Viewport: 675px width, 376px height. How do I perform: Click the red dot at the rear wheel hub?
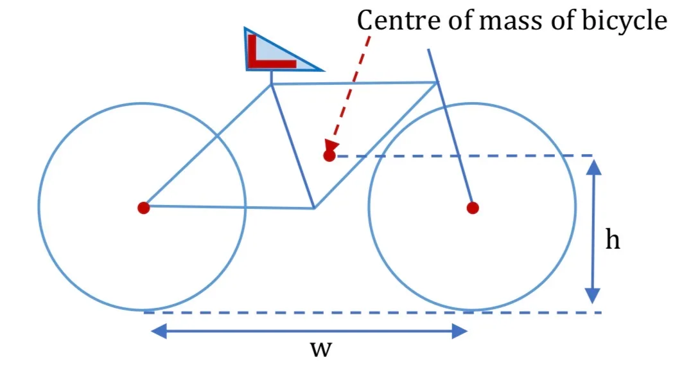(143, 208)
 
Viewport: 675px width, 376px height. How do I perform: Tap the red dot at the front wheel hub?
(473, 208)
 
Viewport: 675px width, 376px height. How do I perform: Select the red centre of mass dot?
(329, 156)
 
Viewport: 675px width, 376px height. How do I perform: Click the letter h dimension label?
(613, 239)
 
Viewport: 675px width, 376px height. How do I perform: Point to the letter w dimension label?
(321, 349)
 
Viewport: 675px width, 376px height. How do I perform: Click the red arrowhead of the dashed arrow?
(332, 145)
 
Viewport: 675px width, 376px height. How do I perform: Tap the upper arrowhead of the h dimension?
(593, 167)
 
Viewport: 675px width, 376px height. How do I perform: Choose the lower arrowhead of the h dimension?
(593, 296)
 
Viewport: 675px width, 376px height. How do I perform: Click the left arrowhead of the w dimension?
(159, 331)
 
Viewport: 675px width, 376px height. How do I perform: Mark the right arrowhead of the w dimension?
(460, 331)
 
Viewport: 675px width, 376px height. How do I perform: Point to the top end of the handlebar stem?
(428, 49)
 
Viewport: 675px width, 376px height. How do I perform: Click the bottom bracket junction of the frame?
(314, 208)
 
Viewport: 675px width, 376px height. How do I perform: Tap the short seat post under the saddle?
(271, 77)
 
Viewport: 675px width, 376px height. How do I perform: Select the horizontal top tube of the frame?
(355, 83)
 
